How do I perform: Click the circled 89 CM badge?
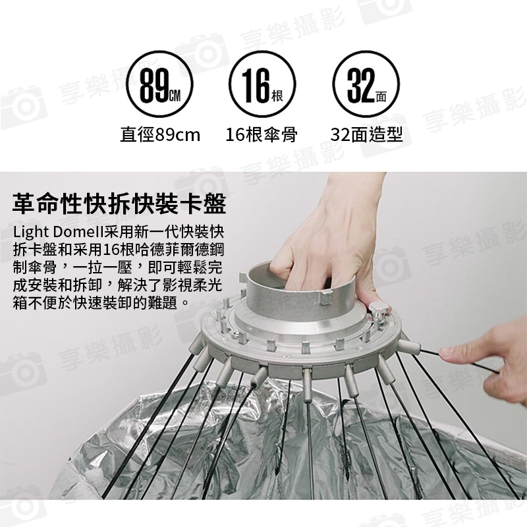point(159,84)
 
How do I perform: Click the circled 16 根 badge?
point(262,84)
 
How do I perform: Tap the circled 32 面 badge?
point(366,84)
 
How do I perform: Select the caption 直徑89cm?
point(160,135)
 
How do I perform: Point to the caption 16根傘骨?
point(262,135)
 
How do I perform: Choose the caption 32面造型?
point(366,135)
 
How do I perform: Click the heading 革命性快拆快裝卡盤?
point(119,204)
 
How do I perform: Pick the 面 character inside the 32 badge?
point(381,97)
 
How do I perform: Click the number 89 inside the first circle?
point(154,86)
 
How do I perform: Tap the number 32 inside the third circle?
point(361,86)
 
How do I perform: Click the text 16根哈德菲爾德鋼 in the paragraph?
point(163,250)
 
